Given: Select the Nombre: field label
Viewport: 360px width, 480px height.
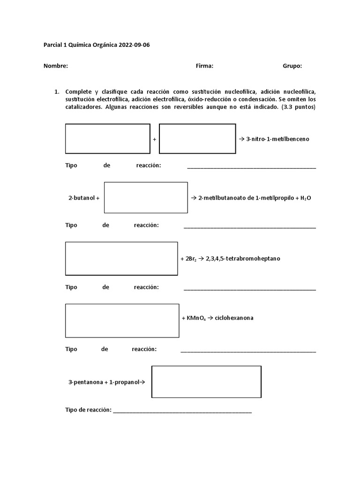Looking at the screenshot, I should coord(56,66).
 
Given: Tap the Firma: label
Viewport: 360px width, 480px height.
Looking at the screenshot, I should coord(204,66).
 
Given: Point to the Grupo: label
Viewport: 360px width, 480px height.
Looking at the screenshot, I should coord(292,66).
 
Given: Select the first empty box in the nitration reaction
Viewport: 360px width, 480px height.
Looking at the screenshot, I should coord(107,139).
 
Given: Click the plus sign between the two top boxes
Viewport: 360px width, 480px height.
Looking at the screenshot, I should coord(154,140).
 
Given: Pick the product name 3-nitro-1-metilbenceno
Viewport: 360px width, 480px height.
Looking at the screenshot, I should coord(277,139).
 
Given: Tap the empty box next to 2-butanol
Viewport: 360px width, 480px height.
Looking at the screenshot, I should coord(146,197).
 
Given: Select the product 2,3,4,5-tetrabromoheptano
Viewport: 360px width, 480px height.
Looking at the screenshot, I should coord(243,259).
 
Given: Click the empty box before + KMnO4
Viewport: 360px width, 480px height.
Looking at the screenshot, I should coord(122,321).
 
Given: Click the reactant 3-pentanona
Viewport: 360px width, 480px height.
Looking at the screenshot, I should coord(85,382).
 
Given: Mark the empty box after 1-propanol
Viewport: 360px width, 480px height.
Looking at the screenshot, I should coord(206,382).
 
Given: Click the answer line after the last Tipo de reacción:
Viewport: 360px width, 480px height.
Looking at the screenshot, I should coord(182,411).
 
